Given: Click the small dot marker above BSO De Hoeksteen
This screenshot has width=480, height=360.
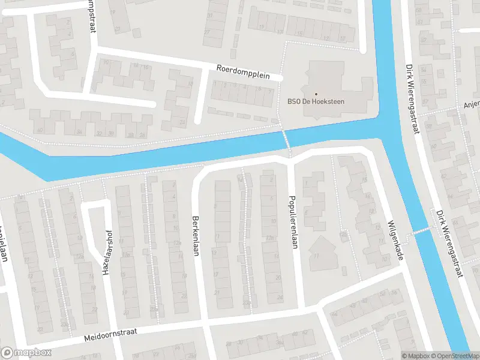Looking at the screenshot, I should click(316, 94).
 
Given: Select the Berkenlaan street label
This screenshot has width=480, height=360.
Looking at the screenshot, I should click(195, 236).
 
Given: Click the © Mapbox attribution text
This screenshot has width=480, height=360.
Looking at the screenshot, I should click(416, 356).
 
